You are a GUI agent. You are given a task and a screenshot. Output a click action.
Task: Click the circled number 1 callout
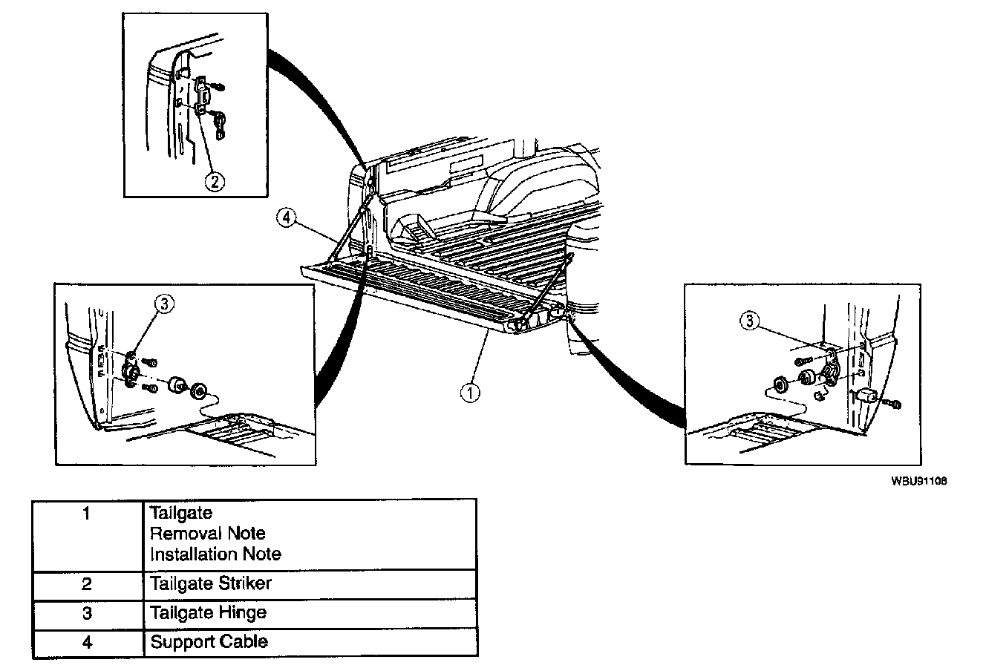tap(469, 392)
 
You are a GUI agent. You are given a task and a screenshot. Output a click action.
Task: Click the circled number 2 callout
tap(215, 180)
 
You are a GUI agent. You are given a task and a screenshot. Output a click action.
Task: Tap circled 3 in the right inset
tap(751, 321)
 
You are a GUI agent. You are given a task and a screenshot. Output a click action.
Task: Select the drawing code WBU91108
tap(918, 480)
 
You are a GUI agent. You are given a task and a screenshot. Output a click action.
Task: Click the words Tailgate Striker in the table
tap(211, 583)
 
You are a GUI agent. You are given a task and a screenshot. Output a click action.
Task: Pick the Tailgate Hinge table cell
tap(208, 612)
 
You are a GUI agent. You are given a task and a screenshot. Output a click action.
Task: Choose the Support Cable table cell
tap(209, 641)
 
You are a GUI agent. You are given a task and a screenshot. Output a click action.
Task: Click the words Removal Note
tap(207, 533)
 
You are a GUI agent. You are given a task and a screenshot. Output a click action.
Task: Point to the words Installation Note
tap(215, 554)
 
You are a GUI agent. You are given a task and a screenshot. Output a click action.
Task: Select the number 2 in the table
tap(87, 583)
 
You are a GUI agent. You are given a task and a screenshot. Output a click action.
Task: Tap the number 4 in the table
tap(87, 641)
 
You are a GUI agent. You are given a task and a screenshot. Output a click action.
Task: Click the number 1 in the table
tap(87, 513)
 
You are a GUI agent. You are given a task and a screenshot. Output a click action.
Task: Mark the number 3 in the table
tap(87, 612)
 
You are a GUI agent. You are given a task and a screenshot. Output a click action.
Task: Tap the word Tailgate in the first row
tap(180, 513)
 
